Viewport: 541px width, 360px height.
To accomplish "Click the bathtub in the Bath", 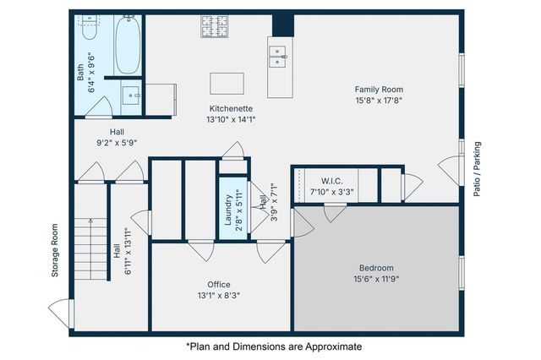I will coord(128,46).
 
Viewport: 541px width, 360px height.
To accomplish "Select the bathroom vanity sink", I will coord(131,93).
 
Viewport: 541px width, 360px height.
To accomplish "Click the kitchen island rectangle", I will coord(227,83).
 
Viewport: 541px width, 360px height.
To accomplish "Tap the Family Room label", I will coord(378,89).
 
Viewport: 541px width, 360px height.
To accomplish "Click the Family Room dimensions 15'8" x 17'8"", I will coord(378,100).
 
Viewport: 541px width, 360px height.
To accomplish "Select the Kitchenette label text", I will coord(232,108).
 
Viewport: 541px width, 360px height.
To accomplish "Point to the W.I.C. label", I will coord(331,181).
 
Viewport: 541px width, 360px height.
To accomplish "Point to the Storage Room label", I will coord(55,251).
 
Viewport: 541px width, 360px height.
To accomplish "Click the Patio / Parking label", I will coord(478,169).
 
